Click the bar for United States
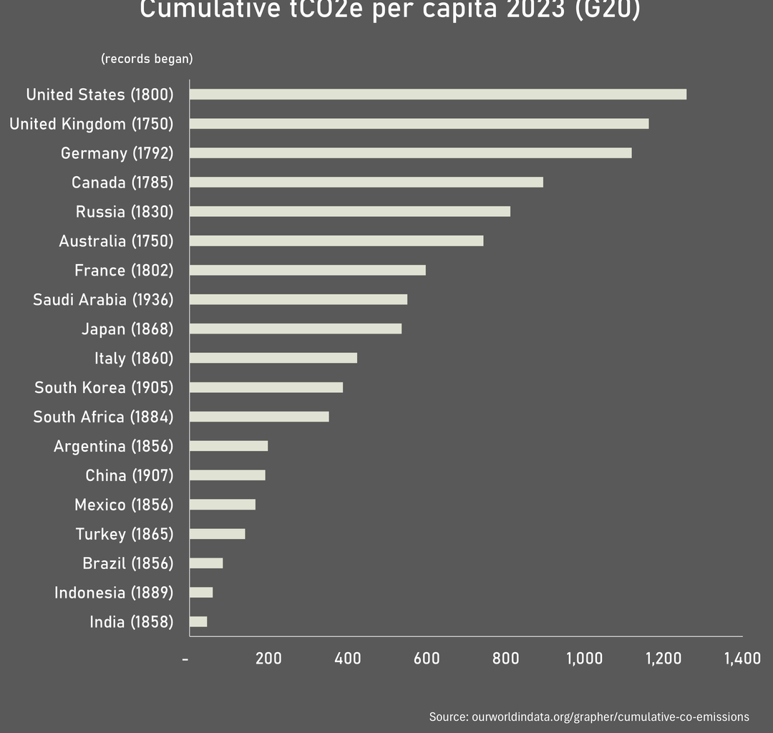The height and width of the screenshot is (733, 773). click(437, 94)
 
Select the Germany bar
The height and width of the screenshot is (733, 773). click(410, 153)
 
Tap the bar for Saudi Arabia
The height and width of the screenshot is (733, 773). click(298, 299)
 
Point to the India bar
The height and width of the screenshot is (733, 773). click(198, 622)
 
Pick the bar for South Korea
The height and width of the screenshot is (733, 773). click(266, 387)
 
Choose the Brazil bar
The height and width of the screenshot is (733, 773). click(206, 563)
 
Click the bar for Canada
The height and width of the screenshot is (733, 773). click(366, 183)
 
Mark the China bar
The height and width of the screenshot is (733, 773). click(227, 475)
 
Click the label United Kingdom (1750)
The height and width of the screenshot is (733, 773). click(92, 124)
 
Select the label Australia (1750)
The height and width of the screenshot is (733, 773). click(116, 241)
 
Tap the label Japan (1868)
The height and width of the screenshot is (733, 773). click(127, 329)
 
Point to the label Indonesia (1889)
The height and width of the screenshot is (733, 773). click(114, 593)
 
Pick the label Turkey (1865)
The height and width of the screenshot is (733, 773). click(125, 534)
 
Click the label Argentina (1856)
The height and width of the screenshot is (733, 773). click(114, 447)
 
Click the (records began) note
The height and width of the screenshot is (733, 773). click(147, 59)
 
